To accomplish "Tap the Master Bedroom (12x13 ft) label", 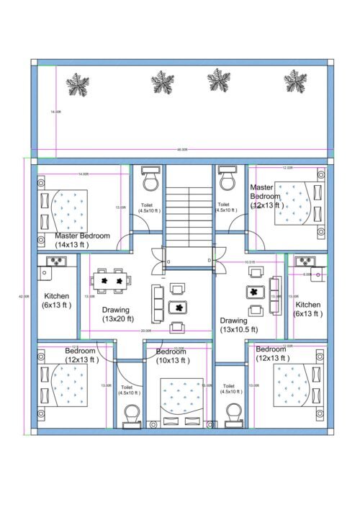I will coord(267,196).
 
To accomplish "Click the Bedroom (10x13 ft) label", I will coord(171,356).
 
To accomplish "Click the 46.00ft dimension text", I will coord(182,150).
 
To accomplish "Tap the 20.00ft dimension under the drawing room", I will coord(146,331).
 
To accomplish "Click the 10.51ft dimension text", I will coord(249,262).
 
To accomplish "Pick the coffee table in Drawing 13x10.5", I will coord(253,292).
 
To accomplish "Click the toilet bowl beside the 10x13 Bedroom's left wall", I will coord(132,415).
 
